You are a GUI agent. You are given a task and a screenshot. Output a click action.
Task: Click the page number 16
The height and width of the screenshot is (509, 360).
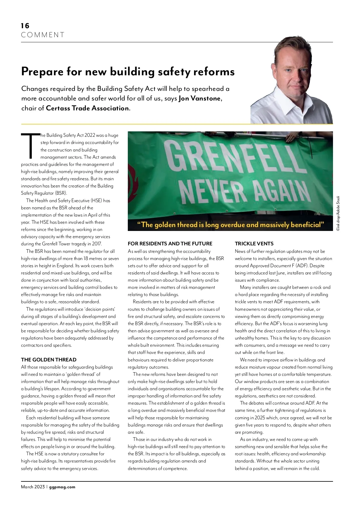tap(25, 26)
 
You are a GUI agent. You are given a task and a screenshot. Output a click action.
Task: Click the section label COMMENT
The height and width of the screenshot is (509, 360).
tap(43, 35)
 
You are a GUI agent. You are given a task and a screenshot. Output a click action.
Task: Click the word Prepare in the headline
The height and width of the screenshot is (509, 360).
tap(42, 72)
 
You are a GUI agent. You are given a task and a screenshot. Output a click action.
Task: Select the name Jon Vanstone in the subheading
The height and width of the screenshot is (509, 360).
tap(199, 98)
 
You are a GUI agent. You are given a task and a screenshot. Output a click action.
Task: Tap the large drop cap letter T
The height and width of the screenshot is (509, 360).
tap(30, 146)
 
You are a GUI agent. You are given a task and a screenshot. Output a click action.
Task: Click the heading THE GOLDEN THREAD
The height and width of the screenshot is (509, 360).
tap(49, 360)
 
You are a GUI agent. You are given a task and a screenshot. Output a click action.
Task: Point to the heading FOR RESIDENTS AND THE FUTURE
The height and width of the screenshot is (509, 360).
tap(170, 244)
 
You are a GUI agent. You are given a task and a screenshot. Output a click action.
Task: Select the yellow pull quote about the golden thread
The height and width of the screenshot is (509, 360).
tap(230, 225)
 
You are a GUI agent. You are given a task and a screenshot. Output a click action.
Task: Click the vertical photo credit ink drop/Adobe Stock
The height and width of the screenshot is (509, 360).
tap(338, 213)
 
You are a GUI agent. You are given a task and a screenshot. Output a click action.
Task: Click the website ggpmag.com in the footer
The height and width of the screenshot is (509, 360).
tap(62, 487)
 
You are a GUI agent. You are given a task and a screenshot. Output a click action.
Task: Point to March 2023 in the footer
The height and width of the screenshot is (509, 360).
tap(33, 487)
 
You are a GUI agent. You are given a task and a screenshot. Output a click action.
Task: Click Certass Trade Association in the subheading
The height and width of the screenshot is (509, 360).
tap(87, 108)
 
